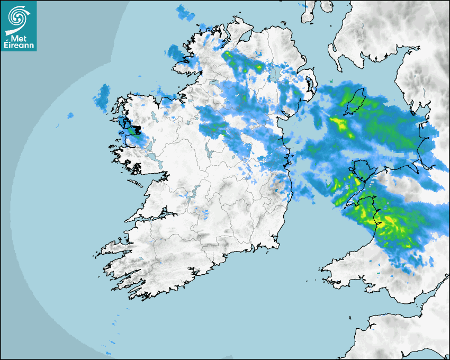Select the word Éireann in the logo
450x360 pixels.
(19, 46)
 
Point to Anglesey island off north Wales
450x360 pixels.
(360, 170)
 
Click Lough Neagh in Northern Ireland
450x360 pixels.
(274, 74)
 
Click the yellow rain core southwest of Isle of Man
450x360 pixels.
(339, 125)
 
